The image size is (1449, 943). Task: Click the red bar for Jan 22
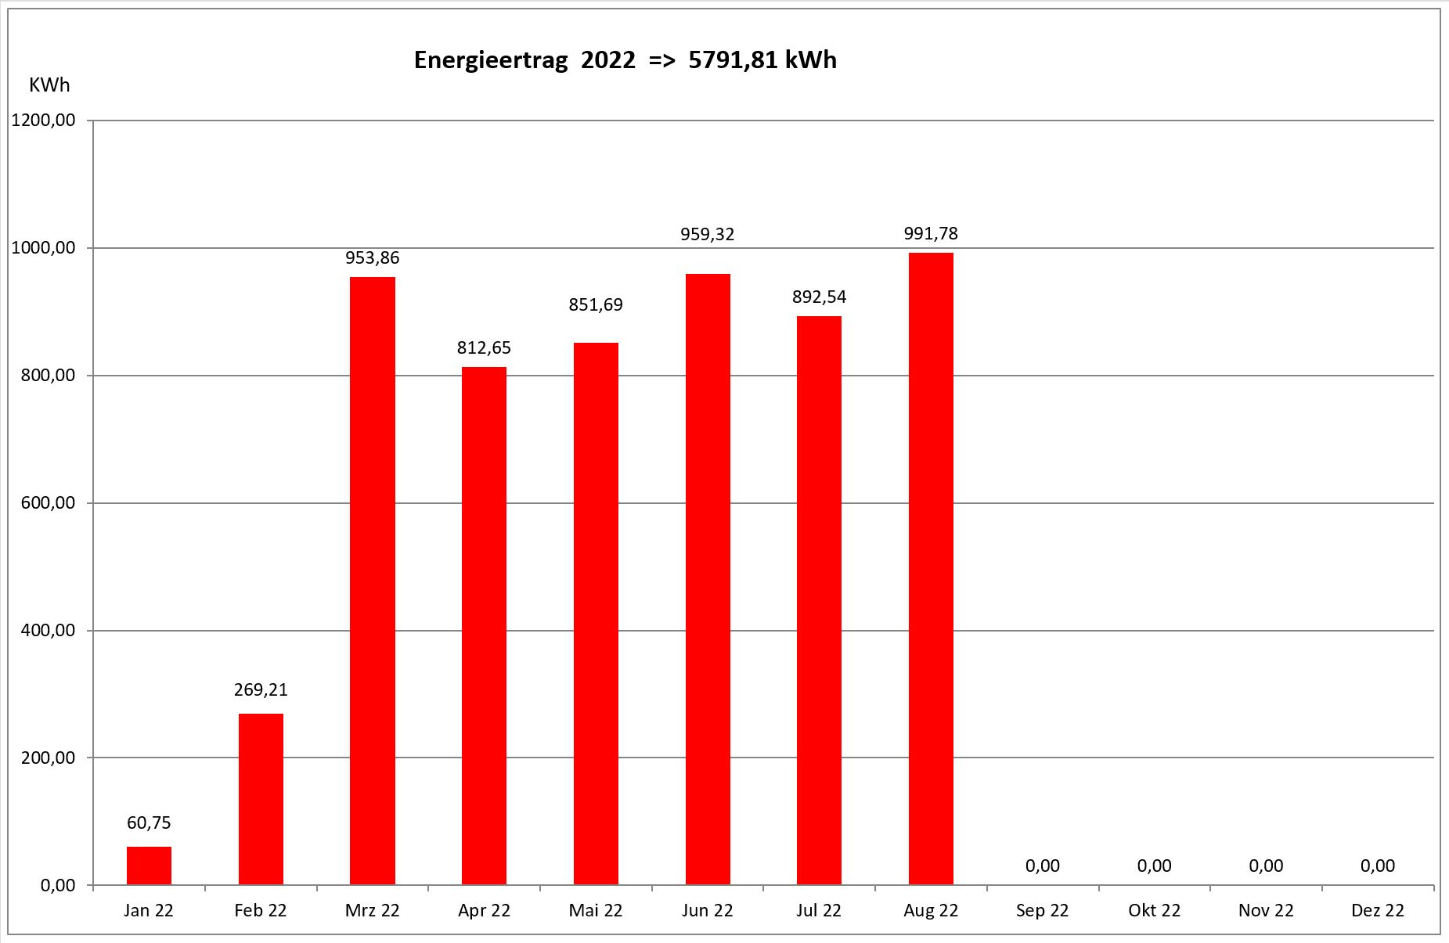[149, 866]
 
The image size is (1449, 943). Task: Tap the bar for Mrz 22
[372, 581]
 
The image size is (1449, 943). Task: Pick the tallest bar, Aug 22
[931, 569]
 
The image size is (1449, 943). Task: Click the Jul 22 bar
[819, 600]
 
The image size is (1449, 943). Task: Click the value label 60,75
[149, 822]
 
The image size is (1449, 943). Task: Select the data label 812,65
[484, 347]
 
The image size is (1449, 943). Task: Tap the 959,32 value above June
[708, 234]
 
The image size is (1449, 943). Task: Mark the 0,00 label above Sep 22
[1042, 866]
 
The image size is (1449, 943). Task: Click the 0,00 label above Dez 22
[1378, 866]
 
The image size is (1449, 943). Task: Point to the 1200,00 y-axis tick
[43, 121]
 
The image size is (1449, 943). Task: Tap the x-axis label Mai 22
[596, 910]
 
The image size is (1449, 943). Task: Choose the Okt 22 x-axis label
[1154, 910]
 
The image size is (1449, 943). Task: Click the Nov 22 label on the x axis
[1266, 910]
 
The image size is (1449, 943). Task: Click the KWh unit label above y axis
[49, 85]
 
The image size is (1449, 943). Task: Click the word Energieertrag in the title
[491, 60]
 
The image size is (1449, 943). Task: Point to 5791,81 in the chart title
[726, 60]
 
